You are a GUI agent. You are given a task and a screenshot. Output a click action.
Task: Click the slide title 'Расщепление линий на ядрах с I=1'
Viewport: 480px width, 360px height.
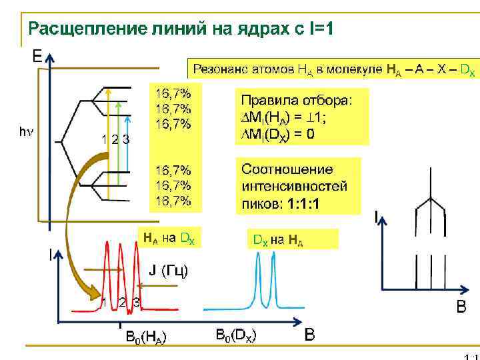[x=180, y=29]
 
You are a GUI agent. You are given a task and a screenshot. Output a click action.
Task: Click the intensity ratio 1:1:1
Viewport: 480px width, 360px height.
[x=303, y=203]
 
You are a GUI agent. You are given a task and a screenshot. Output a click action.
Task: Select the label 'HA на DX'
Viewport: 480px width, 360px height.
[x=169, y=237]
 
